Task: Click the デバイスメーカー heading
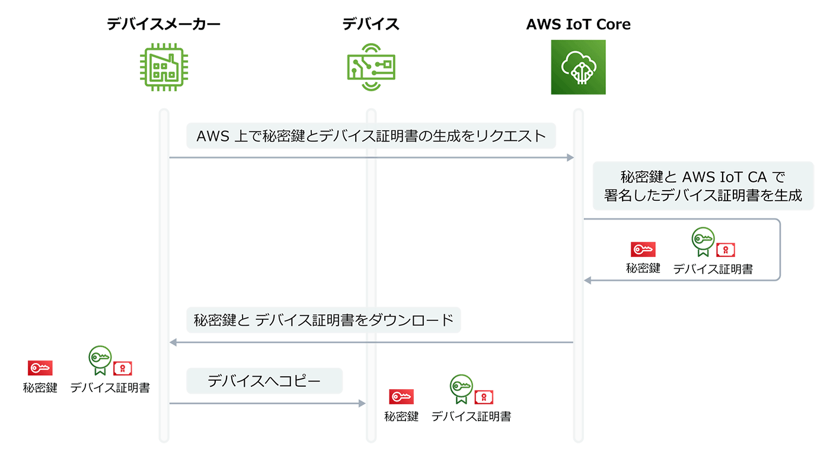(x=164, y=24)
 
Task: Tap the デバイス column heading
(x=371, y=24)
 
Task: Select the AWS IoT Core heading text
(x=578, y=24)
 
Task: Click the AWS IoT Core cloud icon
(x=578, y=67)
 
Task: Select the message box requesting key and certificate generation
(x=371, y=136)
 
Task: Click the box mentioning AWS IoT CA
(x=703, y=186)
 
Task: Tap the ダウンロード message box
(x=324, y=320)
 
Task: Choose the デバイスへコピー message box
(x=264, y=381)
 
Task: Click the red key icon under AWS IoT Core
(x=643, y=249)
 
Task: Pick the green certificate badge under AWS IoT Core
(x=703, y=240)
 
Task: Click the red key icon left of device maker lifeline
(x=40, y=368)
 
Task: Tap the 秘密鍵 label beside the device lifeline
(x=401, y=417)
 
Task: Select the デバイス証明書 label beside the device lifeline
(x=471, y=417)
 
